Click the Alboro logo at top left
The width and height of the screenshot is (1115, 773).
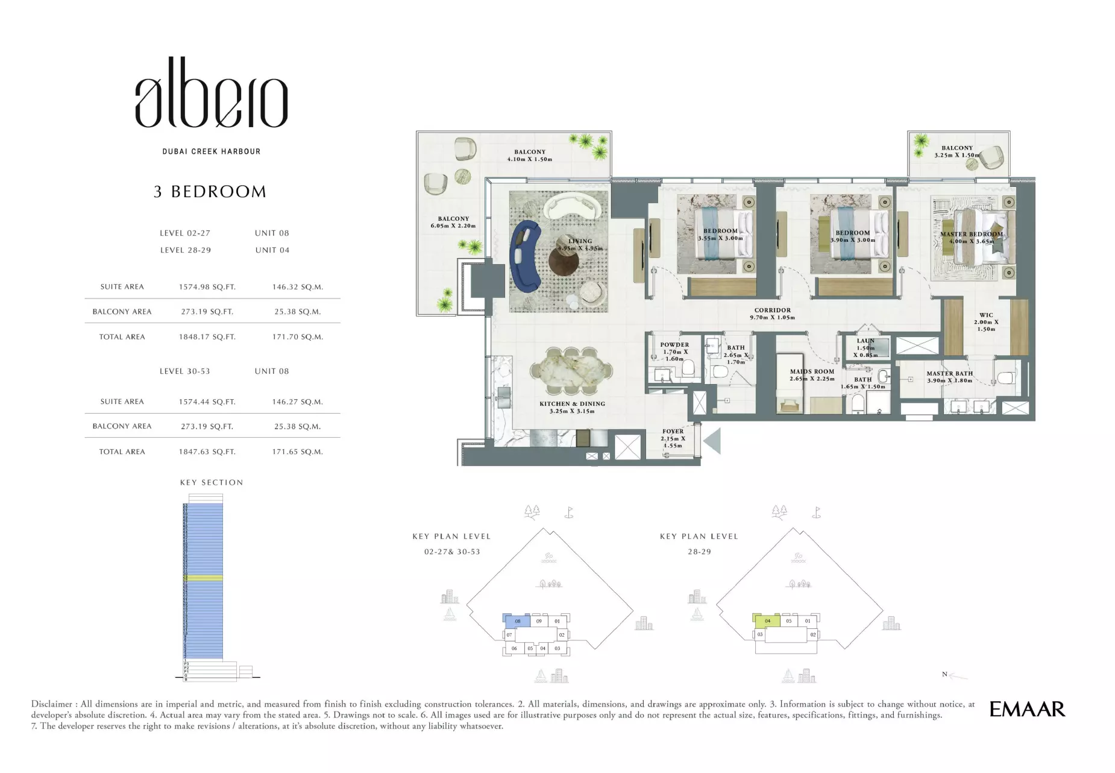[211, 94]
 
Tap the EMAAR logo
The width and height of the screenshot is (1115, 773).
[1026, 709]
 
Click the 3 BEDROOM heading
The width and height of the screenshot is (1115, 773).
[210, 192]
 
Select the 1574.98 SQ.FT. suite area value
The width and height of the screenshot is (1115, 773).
[207, 287]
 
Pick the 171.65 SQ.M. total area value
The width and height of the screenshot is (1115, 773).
[297, 452]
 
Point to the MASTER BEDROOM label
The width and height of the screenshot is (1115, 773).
[971, 235]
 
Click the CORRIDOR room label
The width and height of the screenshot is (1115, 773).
[772, 311]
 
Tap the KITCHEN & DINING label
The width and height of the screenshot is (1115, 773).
[571, 404]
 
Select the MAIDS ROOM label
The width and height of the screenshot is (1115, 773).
[812, 372]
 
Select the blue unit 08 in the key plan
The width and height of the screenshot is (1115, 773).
[517, 621]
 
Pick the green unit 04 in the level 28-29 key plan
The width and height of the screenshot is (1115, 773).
[767, 620]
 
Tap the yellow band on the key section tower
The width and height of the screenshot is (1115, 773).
[203, 578]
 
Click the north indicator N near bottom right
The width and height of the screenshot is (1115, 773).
[944, 674]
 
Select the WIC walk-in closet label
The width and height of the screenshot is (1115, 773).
[986, 315]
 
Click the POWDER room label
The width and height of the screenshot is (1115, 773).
[674, 345]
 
